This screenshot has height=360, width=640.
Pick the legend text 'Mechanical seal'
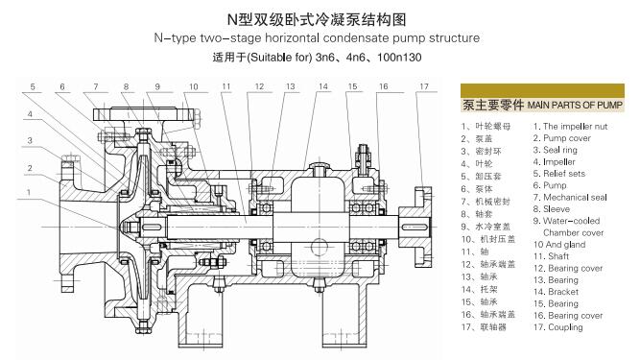[576, 198]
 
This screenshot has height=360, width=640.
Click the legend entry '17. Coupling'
[563, 327]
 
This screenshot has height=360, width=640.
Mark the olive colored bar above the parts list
[542, 89]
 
